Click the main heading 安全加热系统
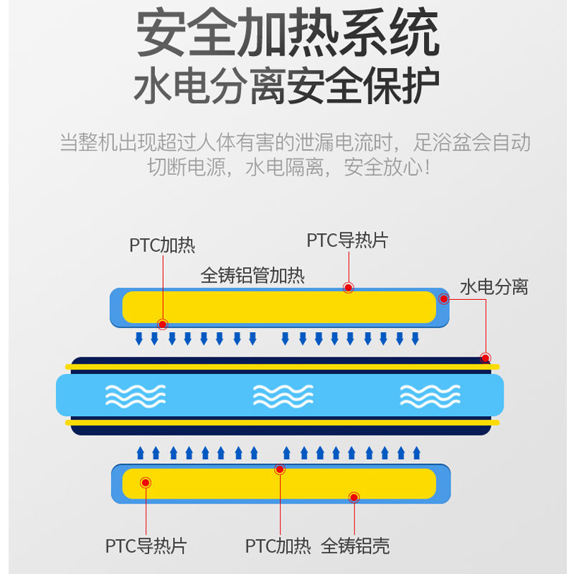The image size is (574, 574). (x=287, y=34)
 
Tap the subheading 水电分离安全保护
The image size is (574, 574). (x=287, y=87)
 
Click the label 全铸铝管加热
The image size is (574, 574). (x=253, y=276)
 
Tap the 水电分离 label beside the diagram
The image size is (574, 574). (x=494, y=287)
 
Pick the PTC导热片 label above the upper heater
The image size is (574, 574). (x=347, y=240)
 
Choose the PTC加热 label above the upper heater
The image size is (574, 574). (x=162, y=245)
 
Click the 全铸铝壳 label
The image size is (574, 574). (x=355, y=546)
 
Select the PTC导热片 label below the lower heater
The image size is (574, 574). (x=146, y=546)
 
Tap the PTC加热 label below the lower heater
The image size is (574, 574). (x=278, y=546)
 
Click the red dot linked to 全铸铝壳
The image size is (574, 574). (x=354, y=497)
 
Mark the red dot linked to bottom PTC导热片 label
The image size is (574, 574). (x=146, y=483)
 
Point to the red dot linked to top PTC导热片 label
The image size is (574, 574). (x=348, y=288)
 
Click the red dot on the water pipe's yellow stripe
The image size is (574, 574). (x=486, y=358)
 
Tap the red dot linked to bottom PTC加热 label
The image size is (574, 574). (x=280, y=469)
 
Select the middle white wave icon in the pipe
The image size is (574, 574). (x=283, y=395)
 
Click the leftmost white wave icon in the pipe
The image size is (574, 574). (x=136, y=395)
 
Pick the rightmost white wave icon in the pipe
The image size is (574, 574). (x=430, y=395)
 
